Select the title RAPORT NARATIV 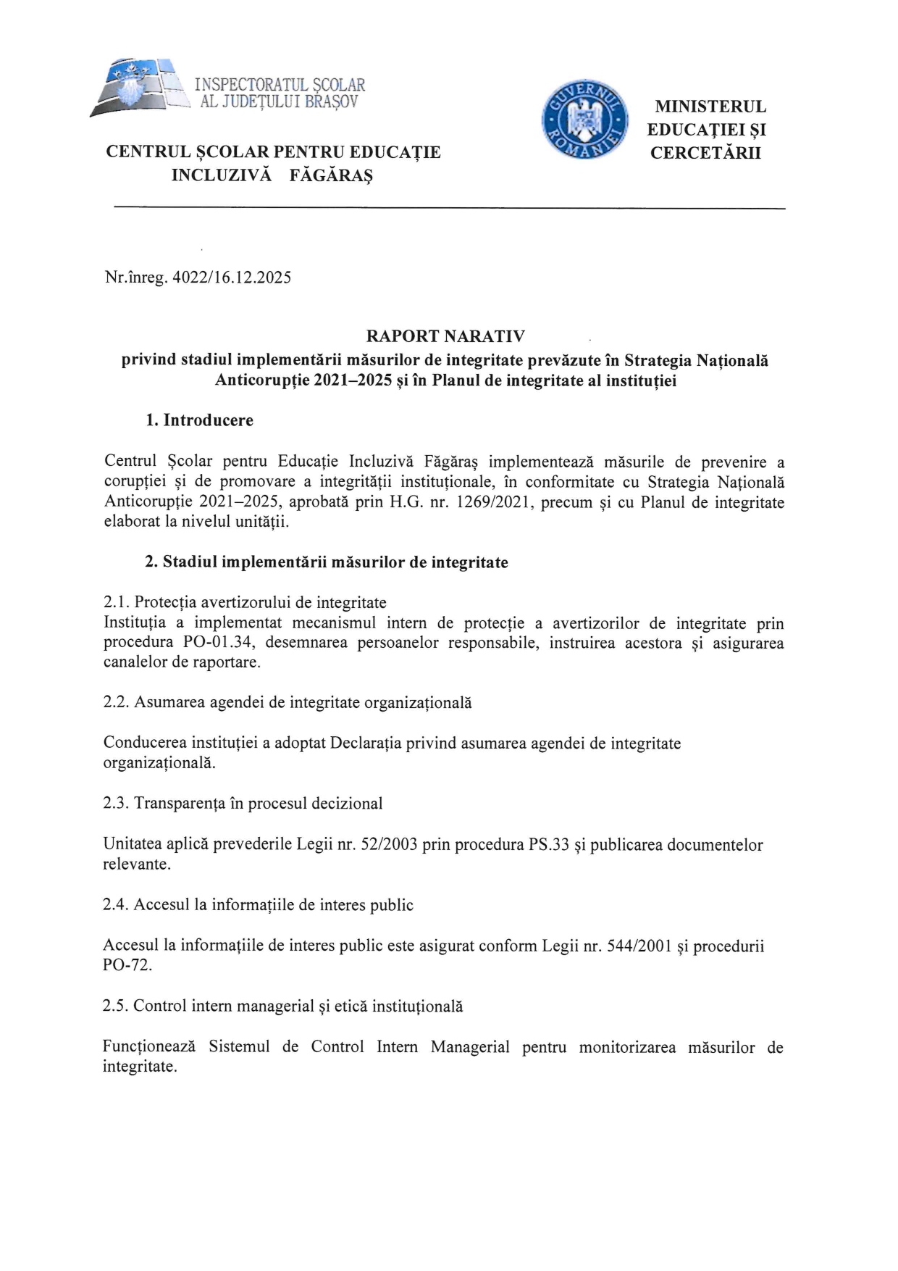(445, 336)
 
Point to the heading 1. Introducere (199, 420)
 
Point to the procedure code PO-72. (127, 965)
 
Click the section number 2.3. (116, 803)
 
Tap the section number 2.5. (116, 1006)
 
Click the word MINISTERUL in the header (710, 107)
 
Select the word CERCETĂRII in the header (705, 153)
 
